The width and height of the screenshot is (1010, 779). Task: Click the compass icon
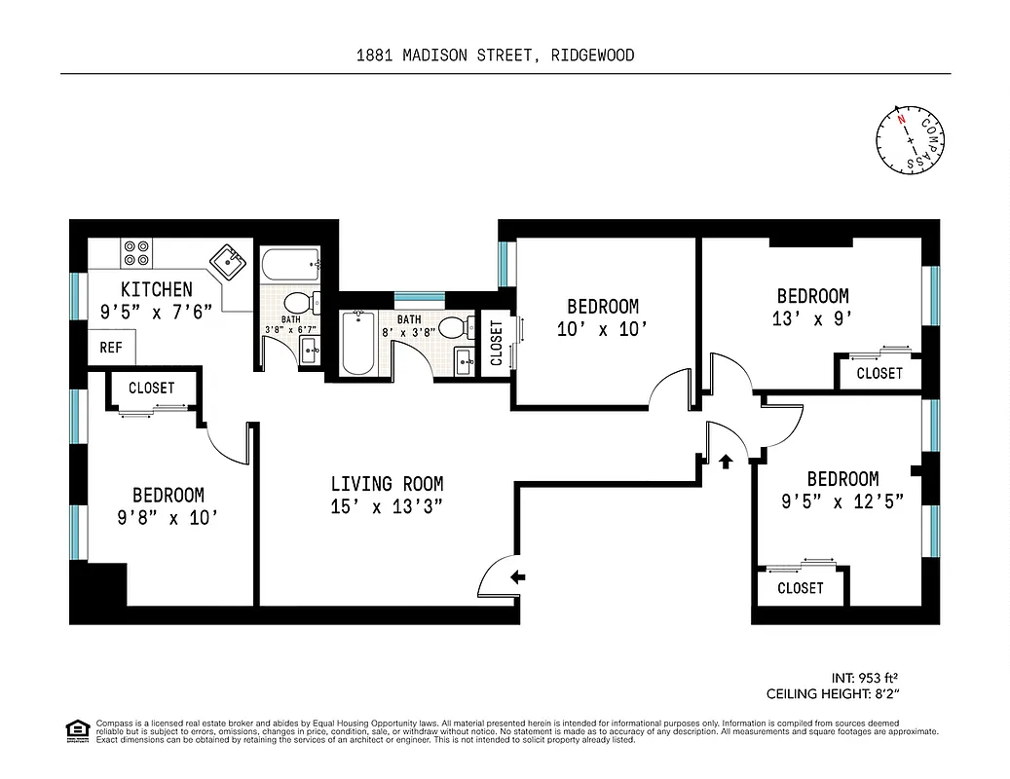pos(910,140)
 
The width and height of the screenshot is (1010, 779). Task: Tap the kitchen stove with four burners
pos(136,253)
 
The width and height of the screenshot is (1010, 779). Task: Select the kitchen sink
pos(230,260)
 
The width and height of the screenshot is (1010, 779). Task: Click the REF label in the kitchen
pos(111,348)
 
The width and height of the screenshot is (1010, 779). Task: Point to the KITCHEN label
pos(156,289)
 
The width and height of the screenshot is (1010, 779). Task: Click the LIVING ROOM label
pos(387,484)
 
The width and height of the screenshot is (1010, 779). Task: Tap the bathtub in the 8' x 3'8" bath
pos(358,342)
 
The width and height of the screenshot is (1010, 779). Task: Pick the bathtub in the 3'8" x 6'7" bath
pos(290,262)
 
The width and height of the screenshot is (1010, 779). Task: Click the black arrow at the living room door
pos(517,577)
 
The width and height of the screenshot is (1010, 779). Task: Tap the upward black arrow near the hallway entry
pos(725,461)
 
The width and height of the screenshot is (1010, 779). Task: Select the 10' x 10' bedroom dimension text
pos(602,329)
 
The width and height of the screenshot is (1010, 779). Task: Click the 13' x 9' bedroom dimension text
pos(811,318)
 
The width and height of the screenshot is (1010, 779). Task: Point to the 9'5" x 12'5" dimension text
pos(842,501)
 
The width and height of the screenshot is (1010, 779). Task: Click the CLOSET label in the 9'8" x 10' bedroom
pos(152,388)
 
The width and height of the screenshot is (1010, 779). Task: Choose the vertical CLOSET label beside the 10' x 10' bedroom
pos(496,343)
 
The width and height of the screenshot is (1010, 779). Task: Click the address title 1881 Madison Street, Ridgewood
pos(495,56)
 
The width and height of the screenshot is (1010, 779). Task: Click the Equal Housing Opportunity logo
pos(75,729)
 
